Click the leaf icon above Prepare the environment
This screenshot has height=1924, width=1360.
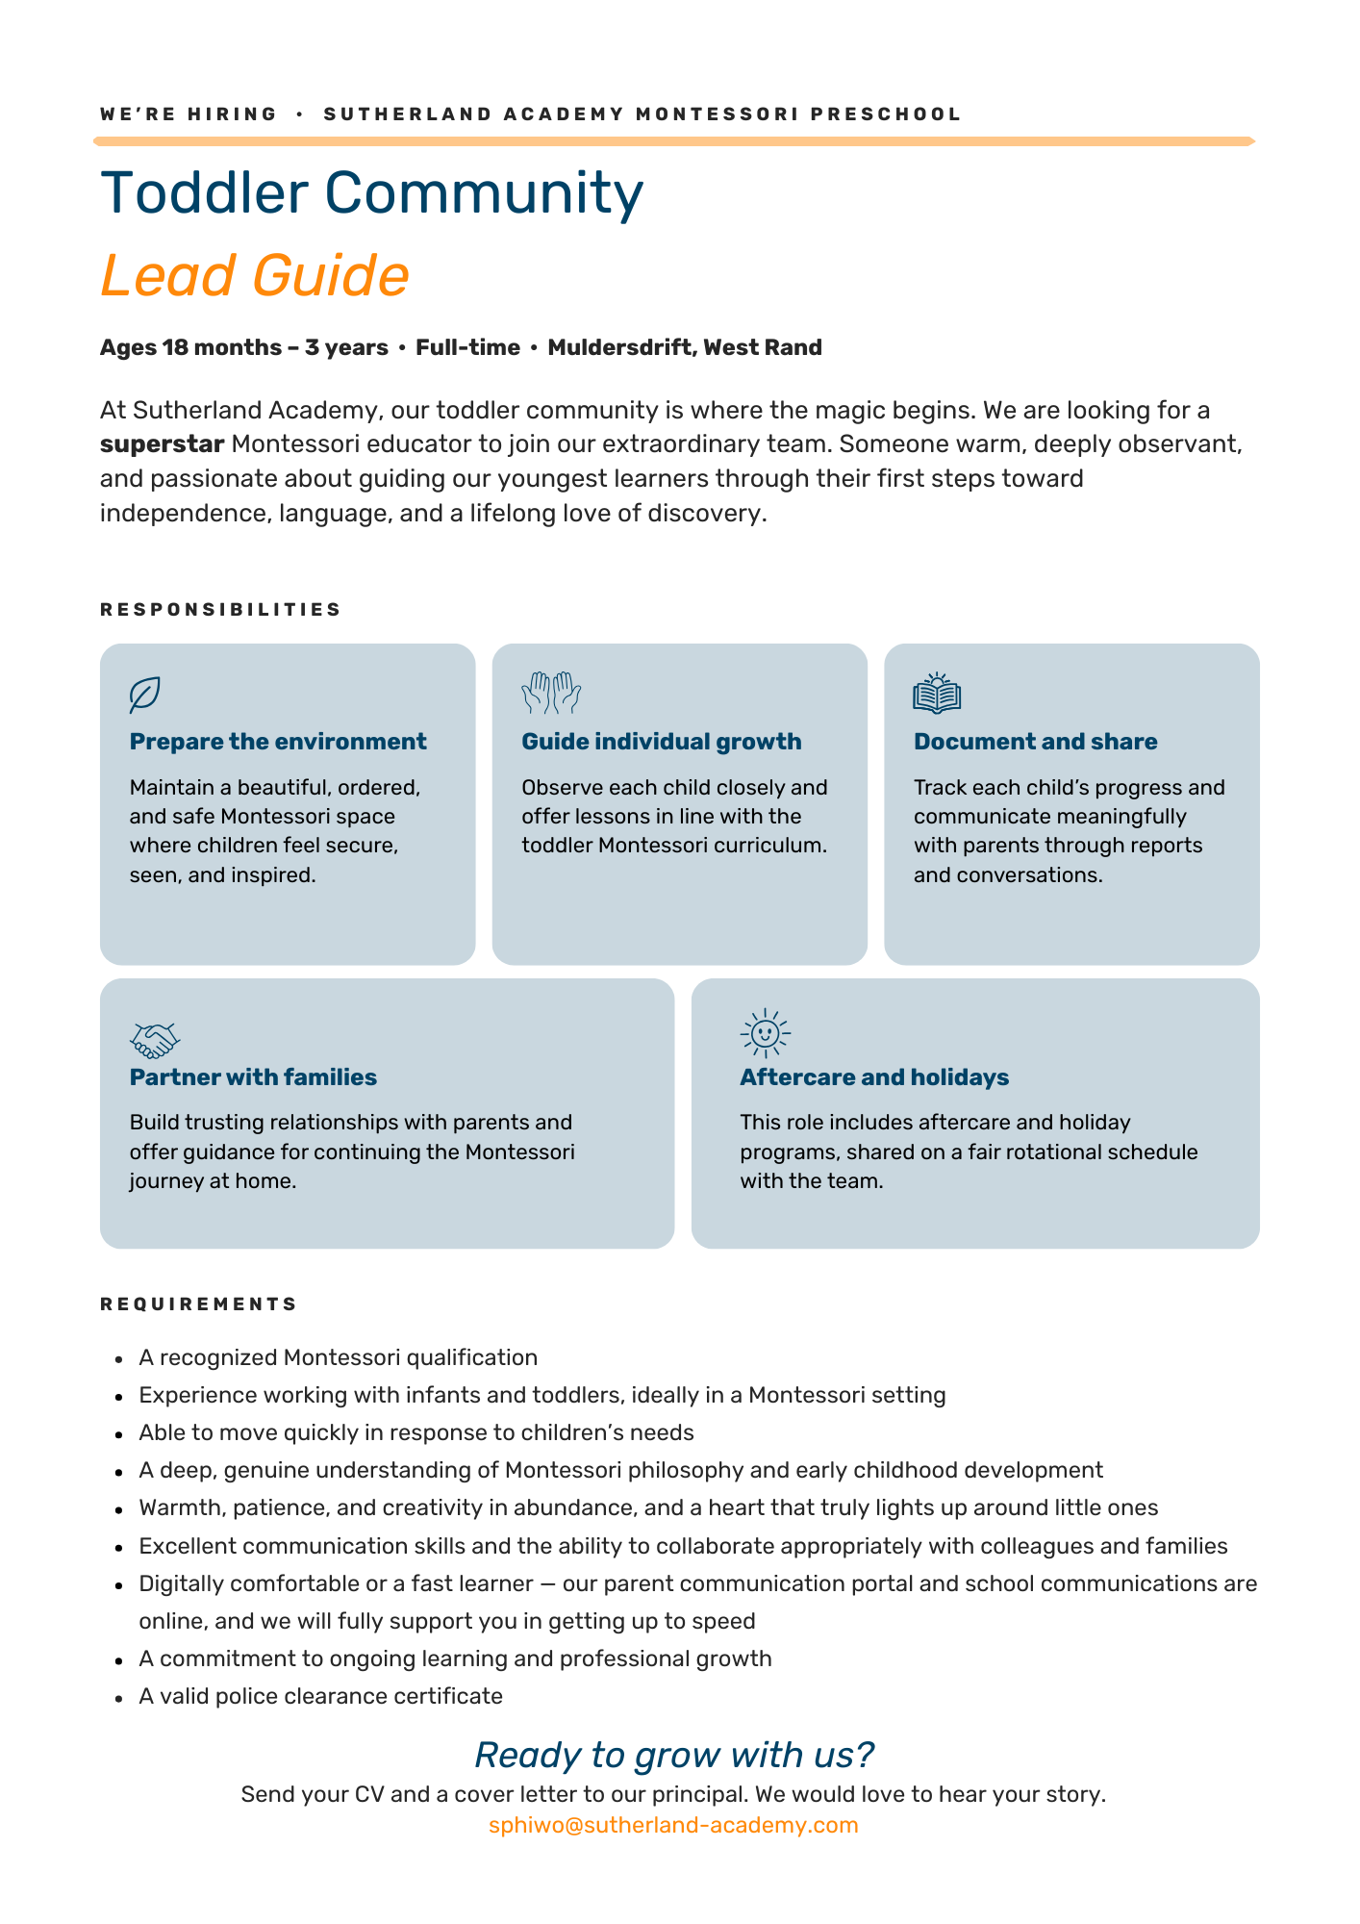click(144, 695)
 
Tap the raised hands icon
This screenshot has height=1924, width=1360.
click(551, 693)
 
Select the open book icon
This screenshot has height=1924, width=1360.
click(937, 694)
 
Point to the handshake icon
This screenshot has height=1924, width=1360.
click(155, 1039)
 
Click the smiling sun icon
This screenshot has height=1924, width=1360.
click(765, 1033)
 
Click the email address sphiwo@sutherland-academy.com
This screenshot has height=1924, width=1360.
click(673, 1825)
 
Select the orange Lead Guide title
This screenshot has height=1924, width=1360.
click(255, 275)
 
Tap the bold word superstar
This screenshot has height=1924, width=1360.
click(162, 444)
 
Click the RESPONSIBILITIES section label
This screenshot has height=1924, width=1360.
click(220, 610)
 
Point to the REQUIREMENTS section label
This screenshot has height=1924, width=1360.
click(198, 1304)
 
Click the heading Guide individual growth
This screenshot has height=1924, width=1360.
click(661, 742)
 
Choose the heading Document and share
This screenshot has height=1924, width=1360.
click(1035, 742)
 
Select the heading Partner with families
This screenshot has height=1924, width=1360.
click(253, 1077)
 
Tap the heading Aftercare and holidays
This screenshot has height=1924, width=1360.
click(873, 1077)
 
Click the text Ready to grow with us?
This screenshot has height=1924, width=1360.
click(674, 1755)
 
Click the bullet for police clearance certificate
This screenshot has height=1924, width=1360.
click(119, 1698)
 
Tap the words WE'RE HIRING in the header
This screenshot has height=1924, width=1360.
click(188, 114)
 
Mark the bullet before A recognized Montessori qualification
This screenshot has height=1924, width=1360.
click(119, 1359)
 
